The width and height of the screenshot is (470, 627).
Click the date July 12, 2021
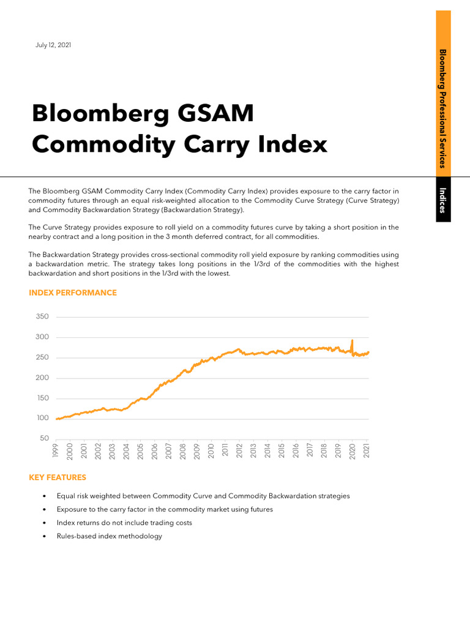[53, 45]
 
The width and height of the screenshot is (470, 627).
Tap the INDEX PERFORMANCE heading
[72, 293]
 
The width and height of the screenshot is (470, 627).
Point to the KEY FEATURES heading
[58, 477]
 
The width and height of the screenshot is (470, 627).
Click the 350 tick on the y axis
[42, 317]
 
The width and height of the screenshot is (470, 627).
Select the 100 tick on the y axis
[42, 418]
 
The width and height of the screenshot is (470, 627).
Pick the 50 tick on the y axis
[44, 438]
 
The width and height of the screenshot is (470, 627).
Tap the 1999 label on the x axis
[56, 452]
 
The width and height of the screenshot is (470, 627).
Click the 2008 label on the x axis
[183, 452]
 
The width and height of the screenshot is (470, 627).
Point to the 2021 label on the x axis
[367, 452]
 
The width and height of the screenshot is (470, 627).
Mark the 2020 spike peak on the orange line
[352, 340]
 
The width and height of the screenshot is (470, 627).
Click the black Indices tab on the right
[443, 200]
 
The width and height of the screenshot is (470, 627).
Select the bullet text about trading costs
[124, 523]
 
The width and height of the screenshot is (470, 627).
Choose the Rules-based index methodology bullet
[110, 536]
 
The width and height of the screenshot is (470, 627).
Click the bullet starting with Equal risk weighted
[203, 496]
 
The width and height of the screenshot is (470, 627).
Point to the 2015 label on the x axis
[282, 452]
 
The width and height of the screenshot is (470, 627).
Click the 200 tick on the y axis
[42, 378]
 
